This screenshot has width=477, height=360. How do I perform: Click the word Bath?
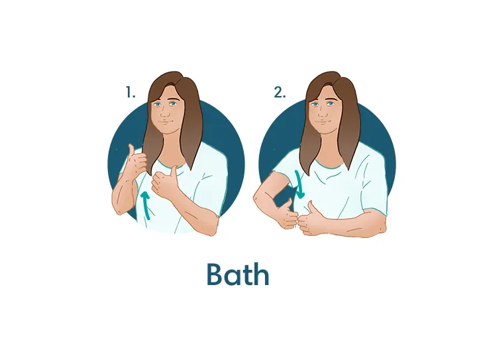pyautogui.click(x=238, y=274)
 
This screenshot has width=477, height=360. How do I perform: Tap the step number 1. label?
pyautogui.click(x=131, y=92)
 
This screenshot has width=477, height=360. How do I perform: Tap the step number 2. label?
pyautogui.click(x=280, y=92)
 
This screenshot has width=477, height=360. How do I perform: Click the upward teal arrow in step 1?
pyautogui.click(x=146, y=205)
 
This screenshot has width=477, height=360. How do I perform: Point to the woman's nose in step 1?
pyautogui.click(x=165, y=113)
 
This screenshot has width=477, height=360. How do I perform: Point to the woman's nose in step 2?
pyautogui.click(x=323, y=113)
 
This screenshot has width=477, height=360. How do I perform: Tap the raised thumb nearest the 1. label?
pyautogui.click(x=131, y=150)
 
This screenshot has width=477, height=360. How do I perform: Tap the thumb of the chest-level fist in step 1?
pyautogui.click(x=175, y=171)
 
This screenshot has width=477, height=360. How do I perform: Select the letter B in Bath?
pyautogui.click(x=215, y=274)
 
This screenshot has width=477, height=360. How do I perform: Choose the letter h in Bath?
pyautogui.click(x=262, y=274)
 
